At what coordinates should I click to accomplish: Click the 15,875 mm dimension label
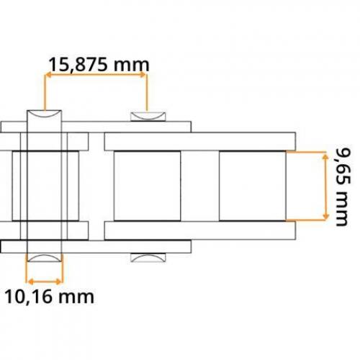(x=99, y=65)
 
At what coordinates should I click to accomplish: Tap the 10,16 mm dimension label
(x=49, y=297)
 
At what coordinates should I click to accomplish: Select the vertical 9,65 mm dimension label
(x=343, y=187)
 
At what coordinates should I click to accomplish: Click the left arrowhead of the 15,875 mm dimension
(x=48, y=75)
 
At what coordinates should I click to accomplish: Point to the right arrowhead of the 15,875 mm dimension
(x=143, y=75)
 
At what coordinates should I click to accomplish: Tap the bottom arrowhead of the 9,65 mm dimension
(x=325, y=216)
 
